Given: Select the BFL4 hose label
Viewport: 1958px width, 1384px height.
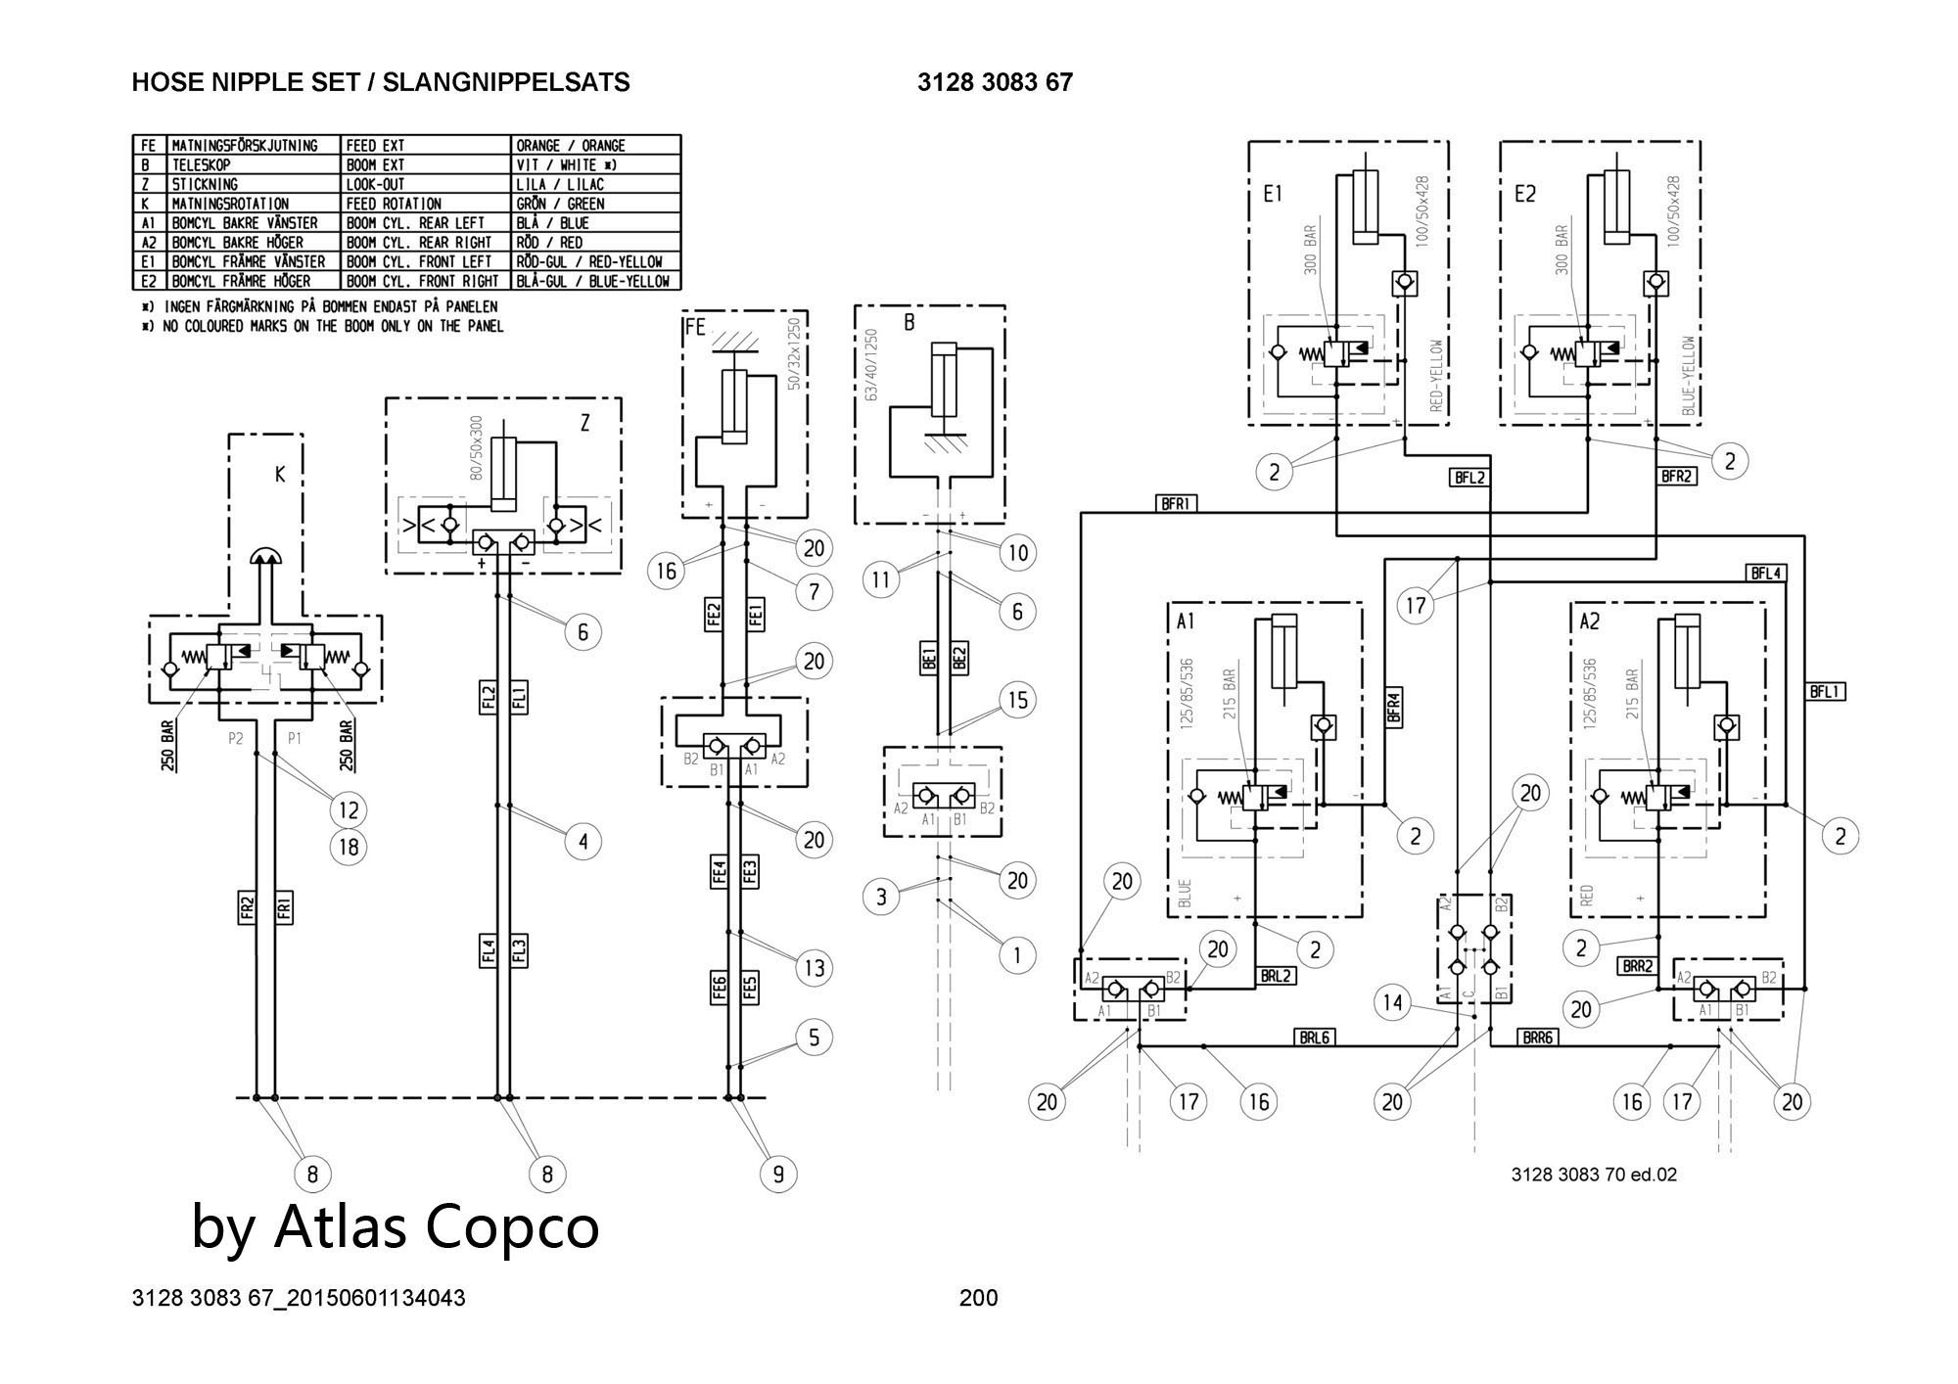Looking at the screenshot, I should (1765, 574).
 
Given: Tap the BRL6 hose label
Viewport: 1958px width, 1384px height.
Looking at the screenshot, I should (1314, 1038).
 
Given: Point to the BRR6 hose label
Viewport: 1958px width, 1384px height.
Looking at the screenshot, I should (1537, 1038).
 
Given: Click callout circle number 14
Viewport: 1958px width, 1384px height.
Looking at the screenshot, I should (1392, 1001).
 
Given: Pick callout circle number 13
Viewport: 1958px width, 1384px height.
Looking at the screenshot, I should (815, 968).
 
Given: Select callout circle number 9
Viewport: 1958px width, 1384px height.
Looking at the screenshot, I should (778, 1174).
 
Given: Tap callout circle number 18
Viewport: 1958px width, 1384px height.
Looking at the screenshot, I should (349, 847).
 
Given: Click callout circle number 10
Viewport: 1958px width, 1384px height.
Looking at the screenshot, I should (1018, 553).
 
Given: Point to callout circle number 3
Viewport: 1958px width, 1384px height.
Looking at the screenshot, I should (881, 897).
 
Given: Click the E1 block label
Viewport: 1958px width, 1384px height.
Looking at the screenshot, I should (1272, 194).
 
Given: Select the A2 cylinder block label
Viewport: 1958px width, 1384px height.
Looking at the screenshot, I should (1589, 622).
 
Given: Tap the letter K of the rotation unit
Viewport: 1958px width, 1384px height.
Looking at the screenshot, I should (280, 475).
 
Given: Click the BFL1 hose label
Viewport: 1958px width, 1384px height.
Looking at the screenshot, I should (1826, 692).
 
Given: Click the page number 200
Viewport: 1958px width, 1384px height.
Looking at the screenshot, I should (978, 1298).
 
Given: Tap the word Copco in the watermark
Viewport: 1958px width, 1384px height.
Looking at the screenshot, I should (514, 1225).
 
